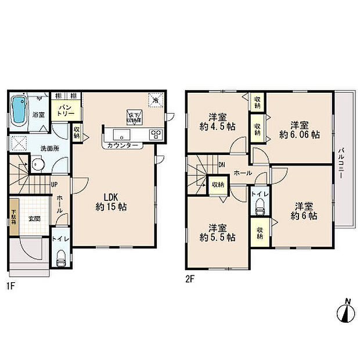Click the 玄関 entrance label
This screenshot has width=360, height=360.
pyautogui.click(x=34, y=219)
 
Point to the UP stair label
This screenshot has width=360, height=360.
pyautogui.click(x=53, y=185)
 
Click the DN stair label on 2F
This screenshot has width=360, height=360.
pyautogui.click(x=222, y=164)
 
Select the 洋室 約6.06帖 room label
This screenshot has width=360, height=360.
pyautogui.click(x=299, y=129)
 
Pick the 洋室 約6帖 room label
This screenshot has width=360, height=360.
pyautogui.click(x=303, y=211)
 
